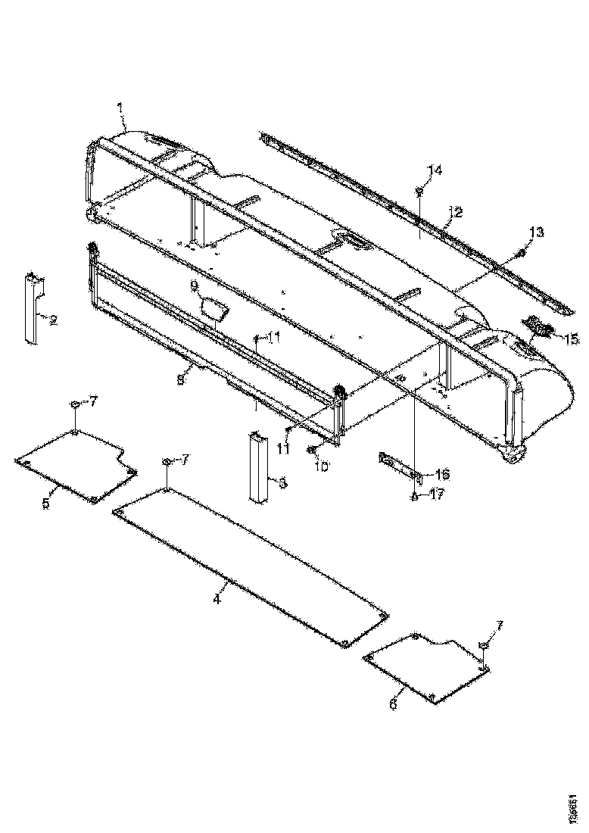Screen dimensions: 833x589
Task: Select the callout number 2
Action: [53, 320]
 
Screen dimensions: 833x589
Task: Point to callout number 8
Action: [180, 380]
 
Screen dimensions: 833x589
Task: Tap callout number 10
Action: [321, 467]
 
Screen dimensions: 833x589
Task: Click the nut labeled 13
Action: [521, 251]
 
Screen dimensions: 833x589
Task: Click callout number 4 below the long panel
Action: [217, 598]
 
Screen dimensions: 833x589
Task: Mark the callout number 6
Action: [392, 704]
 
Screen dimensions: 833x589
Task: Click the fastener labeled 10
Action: [312, 451]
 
